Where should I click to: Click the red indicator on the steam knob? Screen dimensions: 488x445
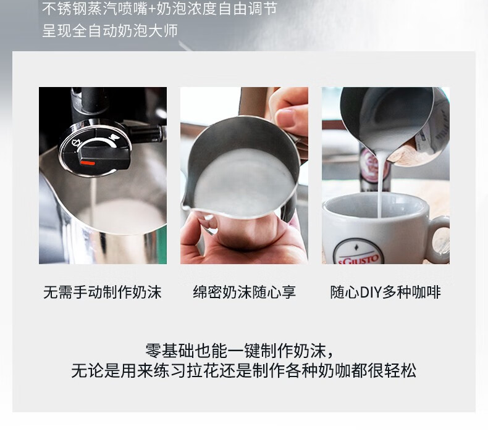[88, 163]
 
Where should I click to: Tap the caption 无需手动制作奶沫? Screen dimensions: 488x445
[103, 293]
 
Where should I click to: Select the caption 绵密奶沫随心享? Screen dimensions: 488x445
[245, 293]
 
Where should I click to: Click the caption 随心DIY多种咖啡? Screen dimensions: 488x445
[385, 293]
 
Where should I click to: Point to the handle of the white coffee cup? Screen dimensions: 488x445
[439, 239]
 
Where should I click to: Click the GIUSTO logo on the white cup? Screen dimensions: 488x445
[358, 257]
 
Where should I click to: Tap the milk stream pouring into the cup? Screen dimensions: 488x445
[381, 186]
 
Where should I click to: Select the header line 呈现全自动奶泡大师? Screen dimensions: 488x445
[110, 30]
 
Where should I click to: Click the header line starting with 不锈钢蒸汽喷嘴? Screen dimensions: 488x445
[159, 9]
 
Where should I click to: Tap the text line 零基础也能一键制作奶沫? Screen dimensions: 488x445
[240, 351]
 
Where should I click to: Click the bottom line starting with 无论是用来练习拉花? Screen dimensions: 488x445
[244, 370]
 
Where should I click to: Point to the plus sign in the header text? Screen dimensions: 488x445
[152, 9]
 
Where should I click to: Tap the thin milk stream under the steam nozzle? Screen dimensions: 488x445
[93, 202]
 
